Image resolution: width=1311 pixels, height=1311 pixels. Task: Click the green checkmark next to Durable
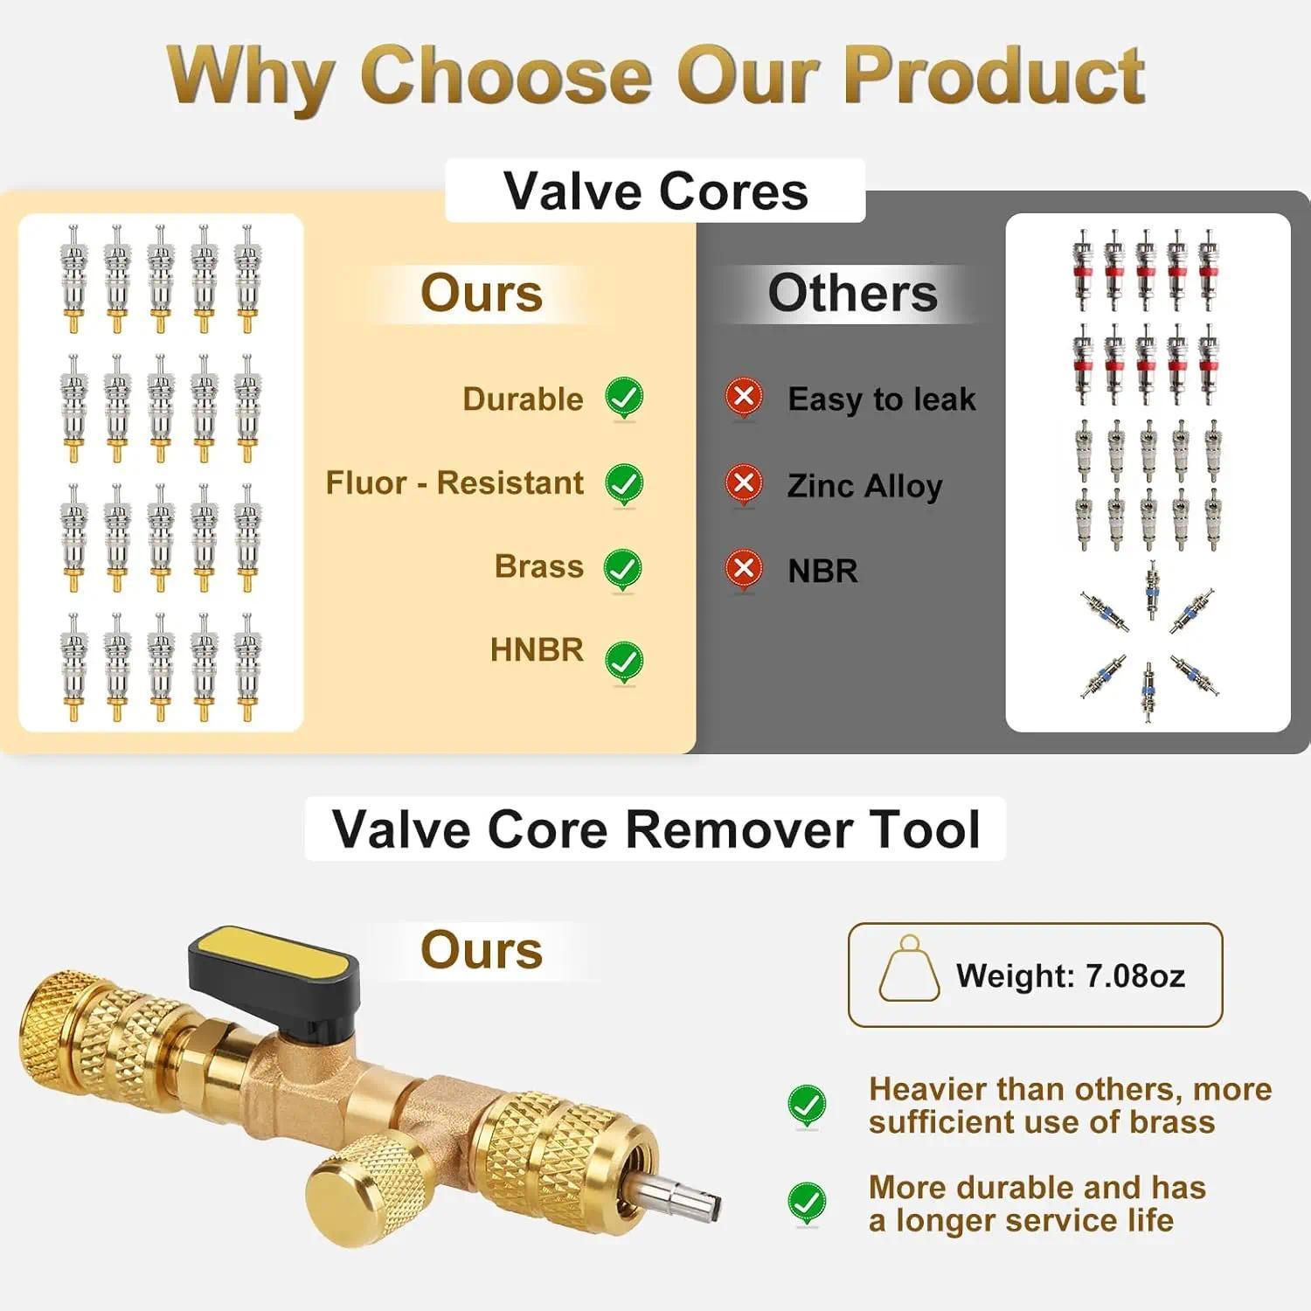coord(624,398)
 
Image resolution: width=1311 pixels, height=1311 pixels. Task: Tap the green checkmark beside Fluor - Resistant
coord(624,482)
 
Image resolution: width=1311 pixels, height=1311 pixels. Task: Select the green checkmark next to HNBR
coord(624,661)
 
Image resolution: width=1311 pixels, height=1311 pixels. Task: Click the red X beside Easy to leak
coord(744,398)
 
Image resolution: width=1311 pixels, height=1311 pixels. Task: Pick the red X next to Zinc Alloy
coord(744,483)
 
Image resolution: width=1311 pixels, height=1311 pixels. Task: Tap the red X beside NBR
coord(744,569)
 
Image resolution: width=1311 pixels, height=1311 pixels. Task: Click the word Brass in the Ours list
coord(538,566)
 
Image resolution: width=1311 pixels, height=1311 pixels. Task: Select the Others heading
coord(852,293)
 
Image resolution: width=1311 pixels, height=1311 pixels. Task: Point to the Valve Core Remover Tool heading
coord(655,829)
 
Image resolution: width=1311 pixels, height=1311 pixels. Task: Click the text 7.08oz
coord(1134,975)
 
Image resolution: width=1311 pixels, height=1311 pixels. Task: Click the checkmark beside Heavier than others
coord(806,1106)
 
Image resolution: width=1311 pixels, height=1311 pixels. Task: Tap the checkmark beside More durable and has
coord(806,1203)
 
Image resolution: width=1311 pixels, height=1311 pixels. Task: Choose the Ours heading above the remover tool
coord(482,950)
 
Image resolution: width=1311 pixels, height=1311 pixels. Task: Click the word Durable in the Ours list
coord(523,399)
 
